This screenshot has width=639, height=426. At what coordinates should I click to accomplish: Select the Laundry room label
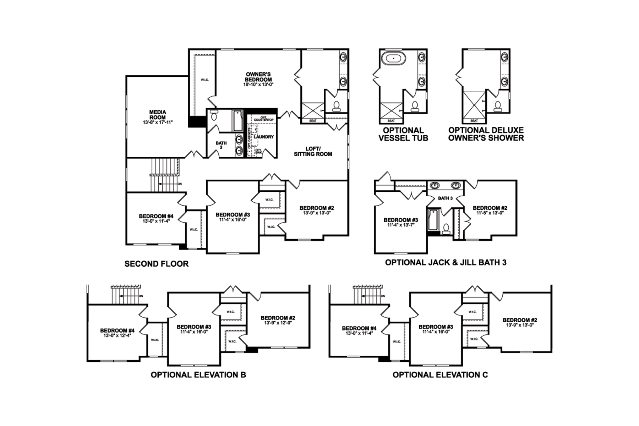264,137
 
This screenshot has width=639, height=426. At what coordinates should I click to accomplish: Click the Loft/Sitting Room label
313,151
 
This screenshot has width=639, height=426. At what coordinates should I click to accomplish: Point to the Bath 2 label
221,145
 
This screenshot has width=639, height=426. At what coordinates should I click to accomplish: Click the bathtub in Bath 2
237,120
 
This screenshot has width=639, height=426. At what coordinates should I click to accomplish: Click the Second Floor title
157,264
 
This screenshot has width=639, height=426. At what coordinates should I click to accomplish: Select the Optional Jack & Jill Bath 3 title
446,262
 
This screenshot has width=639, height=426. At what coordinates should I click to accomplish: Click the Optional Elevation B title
198,375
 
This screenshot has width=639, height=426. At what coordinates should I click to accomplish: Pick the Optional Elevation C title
440,375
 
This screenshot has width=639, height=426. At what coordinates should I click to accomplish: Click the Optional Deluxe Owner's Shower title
486,134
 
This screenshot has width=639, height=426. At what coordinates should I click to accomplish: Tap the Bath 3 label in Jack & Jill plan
445,198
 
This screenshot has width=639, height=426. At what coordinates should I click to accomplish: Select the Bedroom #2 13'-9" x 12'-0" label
278,320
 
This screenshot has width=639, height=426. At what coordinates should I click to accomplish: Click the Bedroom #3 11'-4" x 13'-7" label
401,222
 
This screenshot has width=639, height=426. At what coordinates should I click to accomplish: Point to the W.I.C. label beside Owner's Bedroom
205,80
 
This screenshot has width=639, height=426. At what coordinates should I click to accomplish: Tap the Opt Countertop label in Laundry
263,118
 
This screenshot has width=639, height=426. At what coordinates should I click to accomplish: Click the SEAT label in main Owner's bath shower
313,121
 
